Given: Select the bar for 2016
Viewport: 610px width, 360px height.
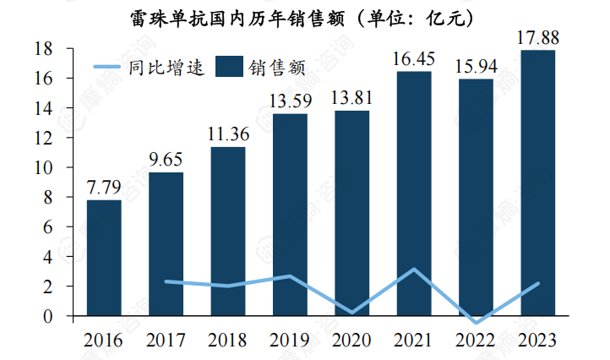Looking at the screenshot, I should click(104, 258).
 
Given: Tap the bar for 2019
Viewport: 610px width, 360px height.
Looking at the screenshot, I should click(290, 215).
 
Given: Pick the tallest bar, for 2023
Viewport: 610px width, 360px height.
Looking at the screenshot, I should click(538, 183).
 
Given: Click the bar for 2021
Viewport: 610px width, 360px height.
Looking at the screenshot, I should click(414, 194).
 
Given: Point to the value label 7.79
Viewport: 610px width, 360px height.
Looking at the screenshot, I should click(104, 187).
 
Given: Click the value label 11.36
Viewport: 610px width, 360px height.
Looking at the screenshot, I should click(228, 134).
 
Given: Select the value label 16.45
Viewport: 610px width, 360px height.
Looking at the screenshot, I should click(414, 58).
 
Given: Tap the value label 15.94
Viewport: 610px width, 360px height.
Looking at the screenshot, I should click(476, 66).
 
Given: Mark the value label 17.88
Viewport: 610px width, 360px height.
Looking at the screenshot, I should click(538, 37).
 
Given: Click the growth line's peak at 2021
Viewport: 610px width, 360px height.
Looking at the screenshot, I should click(414, 270).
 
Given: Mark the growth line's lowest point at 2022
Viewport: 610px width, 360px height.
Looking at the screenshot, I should click(476, 322).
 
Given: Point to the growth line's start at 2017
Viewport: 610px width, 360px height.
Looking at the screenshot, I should click(166, 281).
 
